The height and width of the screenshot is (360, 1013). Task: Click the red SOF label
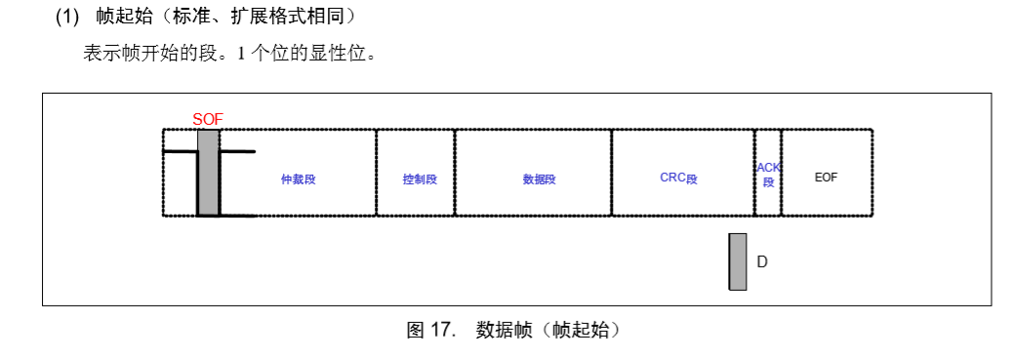[x=208, y=119]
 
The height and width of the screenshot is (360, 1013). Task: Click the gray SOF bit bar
[x=208, y=173]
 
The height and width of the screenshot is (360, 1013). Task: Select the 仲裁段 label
[x=299, y=180]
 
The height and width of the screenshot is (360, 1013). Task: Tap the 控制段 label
[x=420, y=180]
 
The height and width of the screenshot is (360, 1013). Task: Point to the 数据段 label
[x=539, y=180]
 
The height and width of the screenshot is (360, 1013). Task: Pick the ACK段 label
[x=768, y=175]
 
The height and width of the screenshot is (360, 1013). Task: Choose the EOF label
[x=826, y=178]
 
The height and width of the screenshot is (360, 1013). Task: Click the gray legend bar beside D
[x=738, y=261]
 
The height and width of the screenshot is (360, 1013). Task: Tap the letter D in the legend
[x=762, y=261]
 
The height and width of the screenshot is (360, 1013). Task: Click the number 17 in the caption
[x=445, y=330]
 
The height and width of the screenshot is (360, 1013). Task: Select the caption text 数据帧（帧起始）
[x=547, y=330]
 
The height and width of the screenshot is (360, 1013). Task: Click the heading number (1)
[x=66, y=17]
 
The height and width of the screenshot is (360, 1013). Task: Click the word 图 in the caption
[x=415, y=330]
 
